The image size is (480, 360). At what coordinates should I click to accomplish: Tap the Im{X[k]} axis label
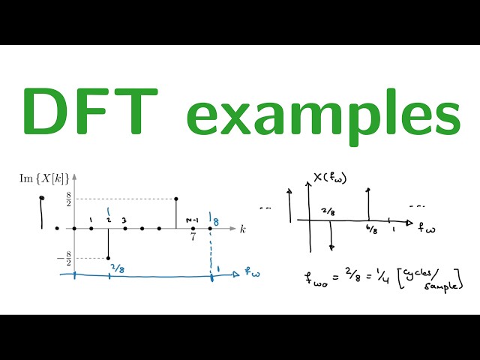(x=46, y=178)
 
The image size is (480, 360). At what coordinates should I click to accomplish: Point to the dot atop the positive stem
(x=175, y=199)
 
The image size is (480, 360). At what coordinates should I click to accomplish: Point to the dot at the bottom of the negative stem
(x=109, y=259)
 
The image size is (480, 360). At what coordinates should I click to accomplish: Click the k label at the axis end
(x=242, y=229)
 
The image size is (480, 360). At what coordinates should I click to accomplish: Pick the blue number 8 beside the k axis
(x=216, y=221)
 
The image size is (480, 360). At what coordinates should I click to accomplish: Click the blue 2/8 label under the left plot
(x=117, y=268)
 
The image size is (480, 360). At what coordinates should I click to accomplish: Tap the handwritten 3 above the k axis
(x=124, y=220)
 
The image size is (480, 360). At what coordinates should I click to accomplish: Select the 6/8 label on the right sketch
(x=370, y=229)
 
